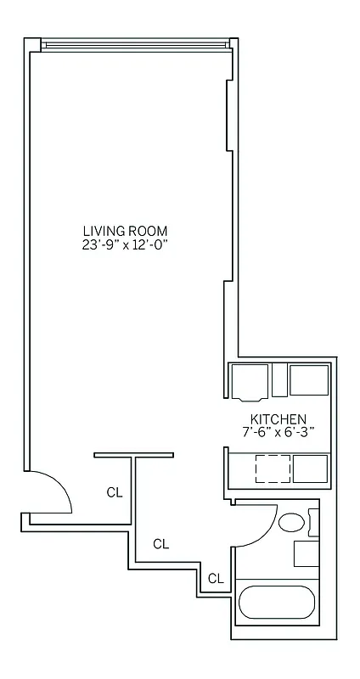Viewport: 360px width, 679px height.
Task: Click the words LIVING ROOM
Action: [x=125, y=231]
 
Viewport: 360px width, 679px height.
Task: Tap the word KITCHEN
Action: [x=278, y=419]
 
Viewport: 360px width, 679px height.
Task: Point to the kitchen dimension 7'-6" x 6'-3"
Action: [x=278, y=432]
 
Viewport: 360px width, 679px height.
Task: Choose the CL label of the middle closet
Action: [x=160, y=544]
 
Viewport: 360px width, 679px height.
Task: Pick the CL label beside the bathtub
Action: [x=216, y=579]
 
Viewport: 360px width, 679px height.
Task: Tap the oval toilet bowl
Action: [x=293, y=523]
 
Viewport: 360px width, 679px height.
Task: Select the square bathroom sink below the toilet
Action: [x=307, y=553]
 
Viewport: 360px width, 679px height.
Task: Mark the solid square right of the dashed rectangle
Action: [x=310, y=469]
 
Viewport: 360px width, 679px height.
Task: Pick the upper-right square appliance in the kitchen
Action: [x=309, y=379]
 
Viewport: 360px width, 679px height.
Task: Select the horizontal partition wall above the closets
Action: [x=134, y=455]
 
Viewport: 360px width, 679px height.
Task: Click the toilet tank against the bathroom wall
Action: [x=314, y=522]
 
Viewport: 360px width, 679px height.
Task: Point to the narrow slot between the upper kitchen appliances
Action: [x=279, y=381]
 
